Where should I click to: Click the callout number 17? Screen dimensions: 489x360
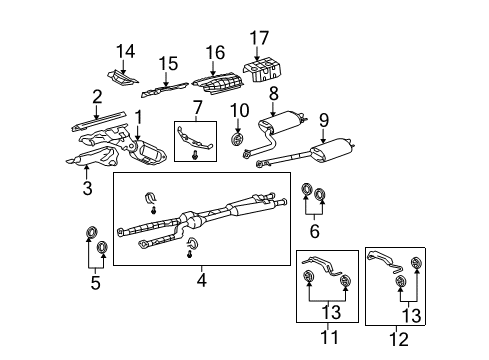point(259,38)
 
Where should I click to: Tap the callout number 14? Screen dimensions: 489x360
point(126,51)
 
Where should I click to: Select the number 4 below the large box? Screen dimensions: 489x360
point(201,280)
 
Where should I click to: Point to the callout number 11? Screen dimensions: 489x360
point(329,337)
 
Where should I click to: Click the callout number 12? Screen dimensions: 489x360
point(399,340)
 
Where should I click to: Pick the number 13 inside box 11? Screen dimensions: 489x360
point(331,312)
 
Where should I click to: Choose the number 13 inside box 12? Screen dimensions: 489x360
point(411,315)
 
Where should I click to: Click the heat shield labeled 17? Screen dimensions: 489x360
point(262,70)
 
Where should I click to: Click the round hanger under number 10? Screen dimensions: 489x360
point(237,139)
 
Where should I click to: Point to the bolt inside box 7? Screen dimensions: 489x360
point(195,154)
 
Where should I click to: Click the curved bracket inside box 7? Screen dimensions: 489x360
point(193,139)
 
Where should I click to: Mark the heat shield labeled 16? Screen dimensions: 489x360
point(219,83)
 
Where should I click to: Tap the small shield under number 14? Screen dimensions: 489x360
point(123,78)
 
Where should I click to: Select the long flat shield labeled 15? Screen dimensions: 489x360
point(165,89)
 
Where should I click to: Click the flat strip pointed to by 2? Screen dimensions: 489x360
point(100,121)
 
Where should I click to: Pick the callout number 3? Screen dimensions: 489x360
point(87,188)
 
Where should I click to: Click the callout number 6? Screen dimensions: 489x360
point(314,231)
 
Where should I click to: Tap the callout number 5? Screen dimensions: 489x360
point(95,283)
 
